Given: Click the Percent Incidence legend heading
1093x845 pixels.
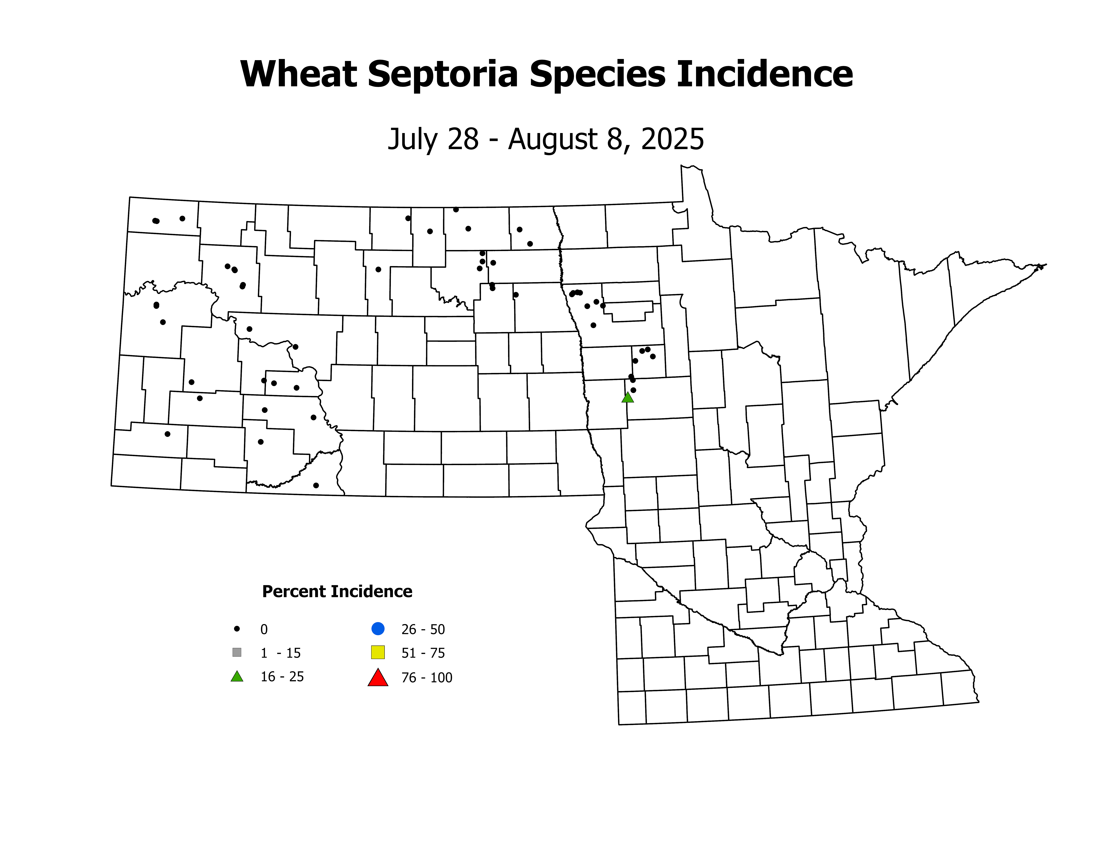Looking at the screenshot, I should tap(337, 592).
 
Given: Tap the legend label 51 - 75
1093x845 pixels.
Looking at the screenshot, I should tap(423, 653).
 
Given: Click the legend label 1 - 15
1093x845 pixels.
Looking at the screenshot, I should tap(280, 653).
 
